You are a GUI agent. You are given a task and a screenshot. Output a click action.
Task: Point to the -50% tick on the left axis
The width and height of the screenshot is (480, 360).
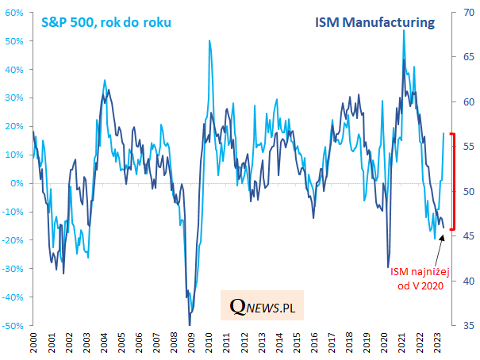(x=13, y=325)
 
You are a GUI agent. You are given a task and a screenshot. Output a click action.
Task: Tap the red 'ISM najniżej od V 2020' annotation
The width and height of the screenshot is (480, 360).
(x=418, y=279)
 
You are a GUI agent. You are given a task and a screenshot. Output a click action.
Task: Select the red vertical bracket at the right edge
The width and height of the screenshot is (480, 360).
(x=451, y=182)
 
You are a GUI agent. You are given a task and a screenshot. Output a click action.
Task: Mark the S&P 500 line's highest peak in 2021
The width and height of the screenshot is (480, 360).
(x=404, y=31)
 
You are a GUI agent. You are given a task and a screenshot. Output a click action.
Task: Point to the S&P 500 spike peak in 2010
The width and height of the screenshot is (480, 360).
(x=209, y=40)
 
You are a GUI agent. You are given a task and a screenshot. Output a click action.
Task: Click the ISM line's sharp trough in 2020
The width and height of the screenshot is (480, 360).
(x=388, y=267)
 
